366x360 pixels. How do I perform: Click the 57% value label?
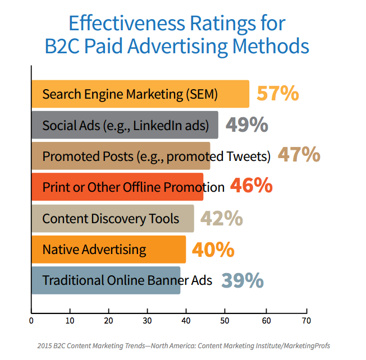(x=277, y=94)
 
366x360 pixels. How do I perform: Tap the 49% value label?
(x=247, y=125)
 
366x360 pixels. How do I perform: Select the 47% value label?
(x=299, y=155)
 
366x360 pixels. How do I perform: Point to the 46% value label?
(x=251, y=187)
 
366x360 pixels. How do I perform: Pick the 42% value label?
(x=221, y=218)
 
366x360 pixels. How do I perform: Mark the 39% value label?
(x=243, y=280)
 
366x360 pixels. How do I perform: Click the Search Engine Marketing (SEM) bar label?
(x=130, y=94)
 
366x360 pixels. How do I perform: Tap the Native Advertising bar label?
(x=94, y=250)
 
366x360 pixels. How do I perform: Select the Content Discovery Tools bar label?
(x=111, y=218)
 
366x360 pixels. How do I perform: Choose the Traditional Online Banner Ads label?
(x=127, y=280)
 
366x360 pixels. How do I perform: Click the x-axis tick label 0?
(x=31, y=321)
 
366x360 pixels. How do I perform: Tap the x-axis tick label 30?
(x=147, y=321)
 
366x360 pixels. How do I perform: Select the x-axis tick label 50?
(x=224, y=321)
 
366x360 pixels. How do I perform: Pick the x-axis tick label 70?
(x=305, y=321)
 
